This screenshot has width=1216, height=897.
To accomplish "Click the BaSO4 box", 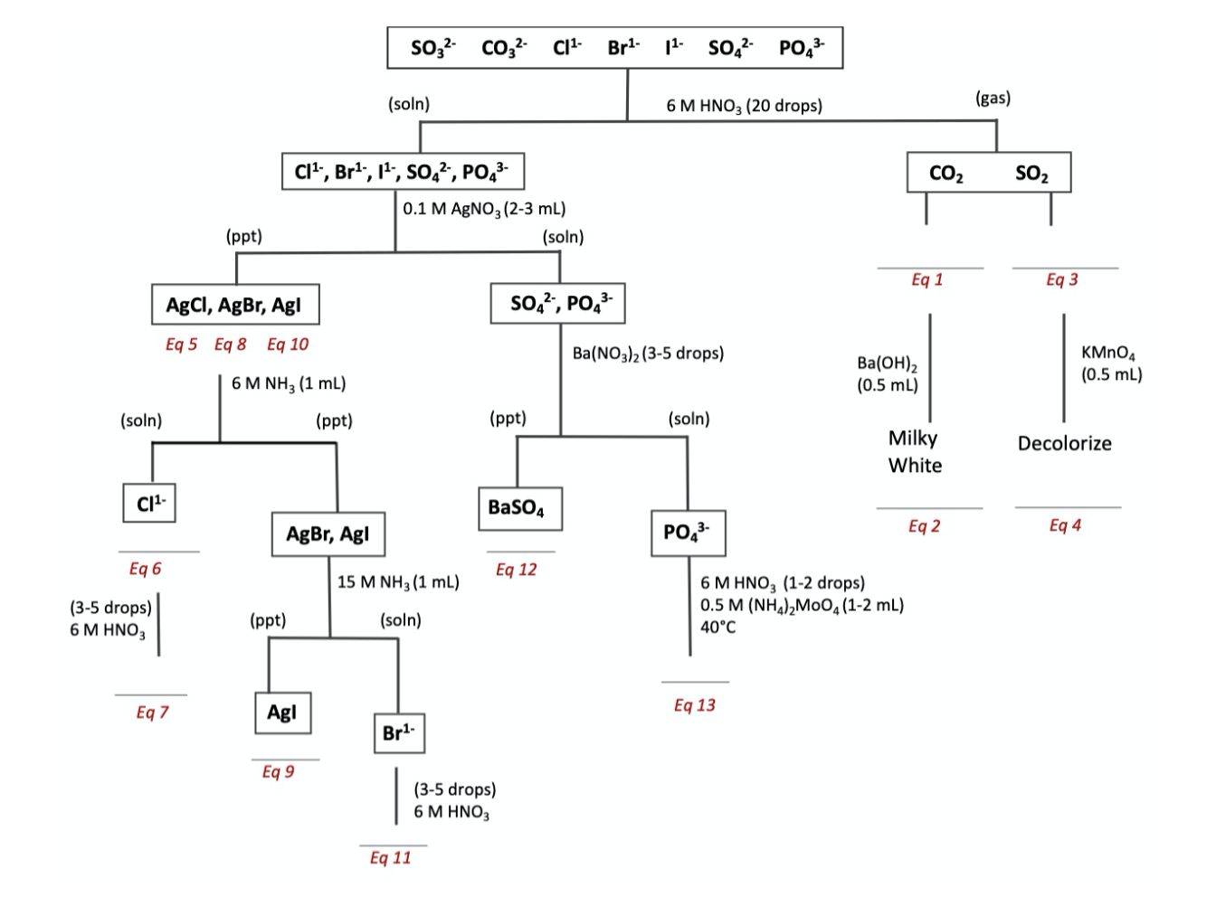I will [x=517, y=508].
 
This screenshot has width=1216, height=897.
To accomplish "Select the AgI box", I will [x=281, y=713].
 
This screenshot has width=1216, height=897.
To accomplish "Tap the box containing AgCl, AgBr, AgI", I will [x=234, y=306].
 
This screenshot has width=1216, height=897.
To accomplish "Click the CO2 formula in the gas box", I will [x=945, y=174].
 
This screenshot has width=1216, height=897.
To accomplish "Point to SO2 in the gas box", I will [x=1031, y=174].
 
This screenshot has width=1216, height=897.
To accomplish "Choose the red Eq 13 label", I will [x=694, y=705].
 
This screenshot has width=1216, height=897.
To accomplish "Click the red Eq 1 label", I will [x=926, y=279].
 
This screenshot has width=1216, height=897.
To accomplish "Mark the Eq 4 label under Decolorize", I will [x=1065, y=525].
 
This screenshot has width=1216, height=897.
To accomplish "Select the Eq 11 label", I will [x=390, y=858].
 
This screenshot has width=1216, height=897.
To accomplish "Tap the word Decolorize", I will [x=1064, y=444].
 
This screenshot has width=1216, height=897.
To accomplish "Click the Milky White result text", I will [x=914, y=452].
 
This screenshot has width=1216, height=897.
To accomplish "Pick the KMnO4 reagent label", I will [x=1111, y=364].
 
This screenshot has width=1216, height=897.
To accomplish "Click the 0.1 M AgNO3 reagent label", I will [x=484, y=209].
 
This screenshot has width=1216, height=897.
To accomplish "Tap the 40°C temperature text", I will [x=717, y=627].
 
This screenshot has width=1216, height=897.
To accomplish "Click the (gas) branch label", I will [x=993, y=98].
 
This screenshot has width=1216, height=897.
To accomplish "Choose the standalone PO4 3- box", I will [x=687, y=533].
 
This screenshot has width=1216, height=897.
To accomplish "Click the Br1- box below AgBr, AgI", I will [x=398, y=733].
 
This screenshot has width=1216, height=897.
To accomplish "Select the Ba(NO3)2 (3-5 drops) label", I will [x=648, y=354].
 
